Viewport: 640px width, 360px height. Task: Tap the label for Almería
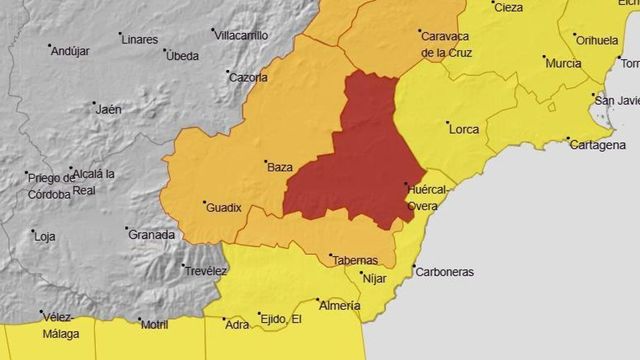pos(339,307)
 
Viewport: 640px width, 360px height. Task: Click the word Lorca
pos(464,129)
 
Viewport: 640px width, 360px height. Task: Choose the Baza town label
pos(280,167)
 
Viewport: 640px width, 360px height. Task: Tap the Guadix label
pos(224,208)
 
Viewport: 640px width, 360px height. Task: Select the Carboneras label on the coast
pos(445,272)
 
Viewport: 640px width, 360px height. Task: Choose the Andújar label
pos(70,50)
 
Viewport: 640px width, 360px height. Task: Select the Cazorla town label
pos(247,77)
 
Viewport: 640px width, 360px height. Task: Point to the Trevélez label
pos(205,271)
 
